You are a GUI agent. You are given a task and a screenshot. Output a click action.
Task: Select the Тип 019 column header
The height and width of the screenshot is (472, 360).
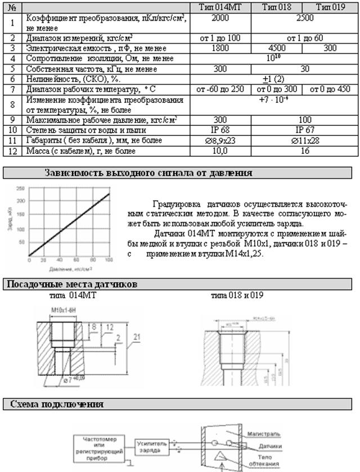point(330,7)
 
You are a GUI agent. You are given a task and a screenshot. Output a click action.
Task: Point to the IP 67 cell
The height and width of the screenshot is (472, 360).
point(304,130)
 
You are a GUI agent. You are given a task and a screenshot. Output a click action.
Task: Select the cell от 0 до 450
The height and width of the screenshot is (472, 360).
point(330,89)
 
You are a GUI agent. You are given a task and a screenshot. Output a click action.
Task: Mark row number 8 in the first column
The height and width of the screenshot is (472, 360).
point(12,105)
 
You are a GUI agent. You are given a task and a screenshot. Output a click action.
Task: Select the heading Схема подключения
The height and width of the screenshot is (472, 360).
point(55,404)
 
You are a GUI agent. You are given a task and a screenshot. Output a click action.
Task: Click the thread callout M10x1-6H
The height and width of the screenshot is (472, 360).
point(63,310)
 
